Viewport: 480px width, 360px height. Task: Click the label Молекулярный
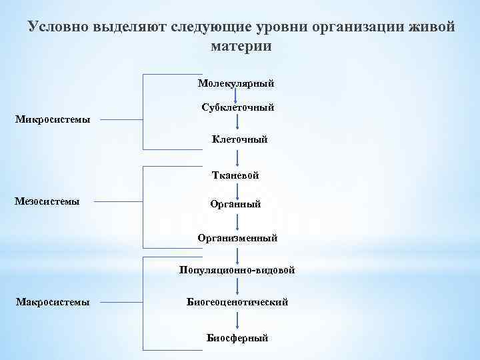[x=236, y=83]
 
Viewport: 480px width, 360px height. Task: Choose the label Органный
[x=235, y=204]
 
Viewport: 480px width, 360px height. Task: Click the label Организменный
[x=237, y=237]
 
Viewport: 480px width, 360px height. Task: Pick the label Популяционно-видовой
[x=237, y=270]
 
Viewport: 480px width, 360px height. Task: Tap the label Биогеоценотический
[x=237, y=302]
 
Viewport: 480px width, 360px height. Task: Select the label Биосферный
[x=237, y=338]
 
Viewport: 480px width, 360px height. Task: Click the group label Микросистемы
[x=53, y=120]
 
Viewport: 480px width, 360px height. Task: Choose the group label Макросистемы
[x=53, y=302]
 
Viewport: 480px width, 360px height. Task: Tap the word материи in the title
[x=241, y=47]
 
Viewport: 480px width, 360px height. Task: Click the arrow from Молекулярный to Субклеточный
[x=235, y=96]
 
